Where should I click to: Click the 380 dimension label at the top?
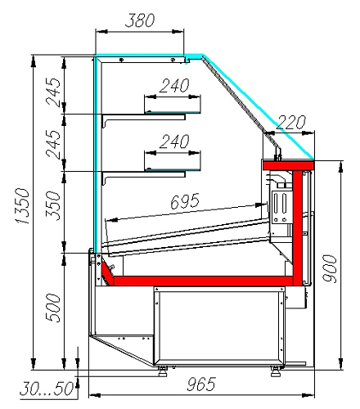(x=140, y=20)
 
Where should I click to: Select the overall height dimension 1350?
(x=22, y=206)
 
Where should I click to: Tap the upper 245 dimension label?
(x=53, y=92)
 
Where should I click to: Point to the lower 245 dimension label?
(x=53, y=145)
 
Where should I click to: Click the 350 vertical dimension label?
(x=52, y=206)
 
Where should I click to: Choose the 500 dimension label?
(x=52, y=308)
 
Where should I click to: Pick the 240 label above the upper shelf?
(x=174, y=86)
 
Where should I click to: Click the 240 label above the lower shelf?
(x=174, y=142)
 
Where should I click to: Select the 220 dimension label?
(x=290, y=123)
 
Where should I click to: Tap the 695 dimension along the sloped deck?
(x=185, y=201)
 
